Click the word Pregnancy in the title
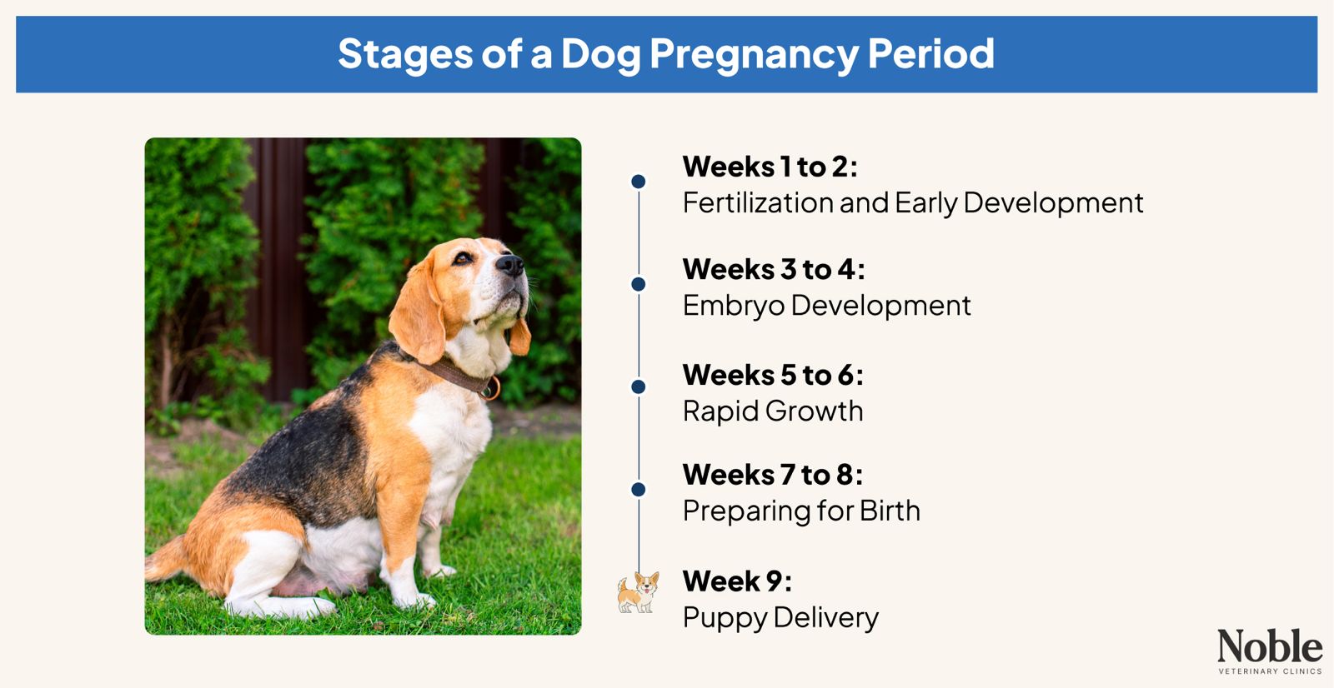click(754, 55)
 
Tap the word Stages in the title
click(404, 55)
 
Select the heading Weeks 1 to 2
click(770, 167)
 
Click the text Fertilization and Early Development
click(912, 202)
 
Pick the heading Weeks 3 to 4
click(773, 269)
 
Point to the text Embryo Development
click(826, 306)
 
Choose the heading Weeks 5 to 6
click(772, 375)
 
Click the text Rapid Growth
click(772, 411)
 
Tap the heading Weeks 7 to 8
click(772, 475)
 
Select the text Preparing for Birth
click(800, 511)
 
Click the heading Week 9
click(736, 581)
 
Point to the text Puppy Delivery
click(780, 617)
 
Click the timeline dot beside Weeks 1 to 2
click(639, 182)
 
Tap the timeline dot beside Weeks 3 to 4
click(639, 284)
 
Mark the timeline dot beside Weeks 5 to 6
click(639, 386)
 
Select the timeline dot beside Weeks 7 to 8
click(639, 490)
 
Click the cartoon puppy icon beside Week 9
click(638, 592)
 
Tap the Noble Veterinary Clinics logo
click(1269, 651)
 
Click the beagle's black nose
click(509, 266)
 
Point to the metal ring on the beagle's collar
click(493, 388)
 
